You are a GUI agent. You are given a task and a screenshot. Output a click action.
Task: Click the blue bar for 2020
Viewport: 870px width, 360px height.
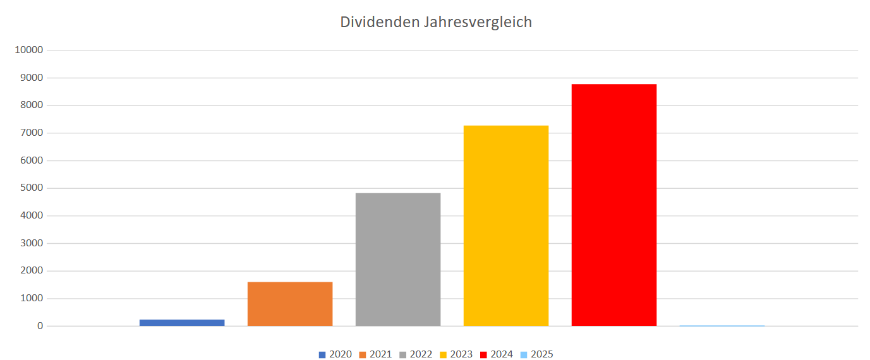[182, 323]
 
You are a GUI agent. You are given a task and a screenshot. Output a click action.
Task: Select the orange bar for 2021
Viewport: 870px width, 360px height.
[290, 304]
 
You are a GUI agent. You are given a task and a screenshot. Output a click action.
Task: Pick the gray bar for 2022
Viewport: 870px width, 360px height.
[398, 260]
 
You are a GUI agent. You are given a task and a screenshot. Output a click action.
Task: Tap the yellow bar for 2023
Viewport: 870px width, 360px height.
[506, 225]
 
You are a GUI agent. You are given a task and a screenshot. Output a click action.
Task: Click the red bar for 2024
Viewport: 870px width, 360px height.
[614, 205]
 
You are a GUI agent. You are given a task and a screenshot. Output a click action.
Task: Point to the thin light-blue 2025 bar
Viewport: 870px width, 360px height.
[722, 326]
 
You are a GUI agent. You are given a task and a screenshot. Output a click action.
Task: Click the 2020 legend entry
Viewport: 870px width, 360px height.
[335, 354]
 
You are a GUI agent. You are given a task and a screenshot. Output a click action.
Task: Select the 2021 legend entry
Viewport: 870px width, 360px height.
[376, 354]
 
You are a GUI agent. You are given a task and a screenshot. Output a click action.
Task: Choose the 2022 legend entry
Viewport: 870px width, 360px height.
[416, 354]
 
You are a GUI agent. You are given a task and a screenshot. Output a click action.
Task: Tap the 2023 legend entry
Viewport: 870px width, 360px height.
[457, 354]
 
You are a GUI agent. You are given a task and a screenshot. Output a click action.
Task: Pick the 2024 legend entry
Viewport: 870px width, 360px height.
[497, 354]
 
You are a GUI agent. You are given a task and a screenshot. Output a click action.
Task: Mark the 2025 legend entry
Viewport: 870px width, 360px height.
[538, 354]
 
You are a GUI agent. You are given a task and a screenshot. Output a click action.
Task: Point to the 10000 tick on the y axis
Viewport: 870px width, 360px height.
[28, 50]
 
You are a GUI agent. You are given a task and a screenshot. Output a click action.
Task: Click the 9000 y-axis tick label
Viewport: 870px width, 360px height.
[31, 78]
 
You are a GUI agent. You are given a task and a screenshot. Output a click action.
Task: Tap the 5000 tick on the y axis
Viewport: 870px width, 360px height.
[31, 188]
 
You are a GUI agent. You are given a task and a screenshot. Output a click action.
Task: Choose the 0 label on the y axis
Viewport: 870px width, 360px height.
[40, 326]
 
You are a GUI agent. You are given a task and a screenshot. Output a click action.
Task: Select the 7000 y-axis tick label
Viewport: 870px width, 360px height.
[31, 133]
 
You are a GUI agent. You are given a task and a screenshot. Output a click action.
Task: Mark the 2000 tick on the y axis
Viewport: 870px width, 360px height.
[31, 271]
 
